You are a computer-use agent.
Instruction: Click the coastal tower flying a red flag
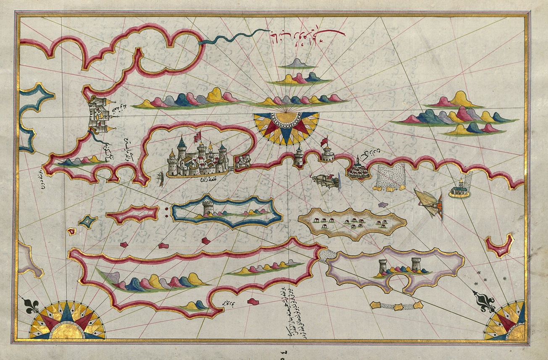click(x=327, y=152)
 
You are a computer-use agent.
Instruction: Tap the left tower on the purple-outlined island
click(x=383, y=267)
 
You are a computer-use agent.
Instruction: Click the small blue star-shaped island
click(x=88, y=221)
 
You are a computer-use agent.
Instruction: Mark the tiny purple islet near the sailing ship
click(x=382, y=205)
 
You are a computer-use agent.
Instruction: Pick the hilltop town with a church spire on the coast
click(x=358, y=168)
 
